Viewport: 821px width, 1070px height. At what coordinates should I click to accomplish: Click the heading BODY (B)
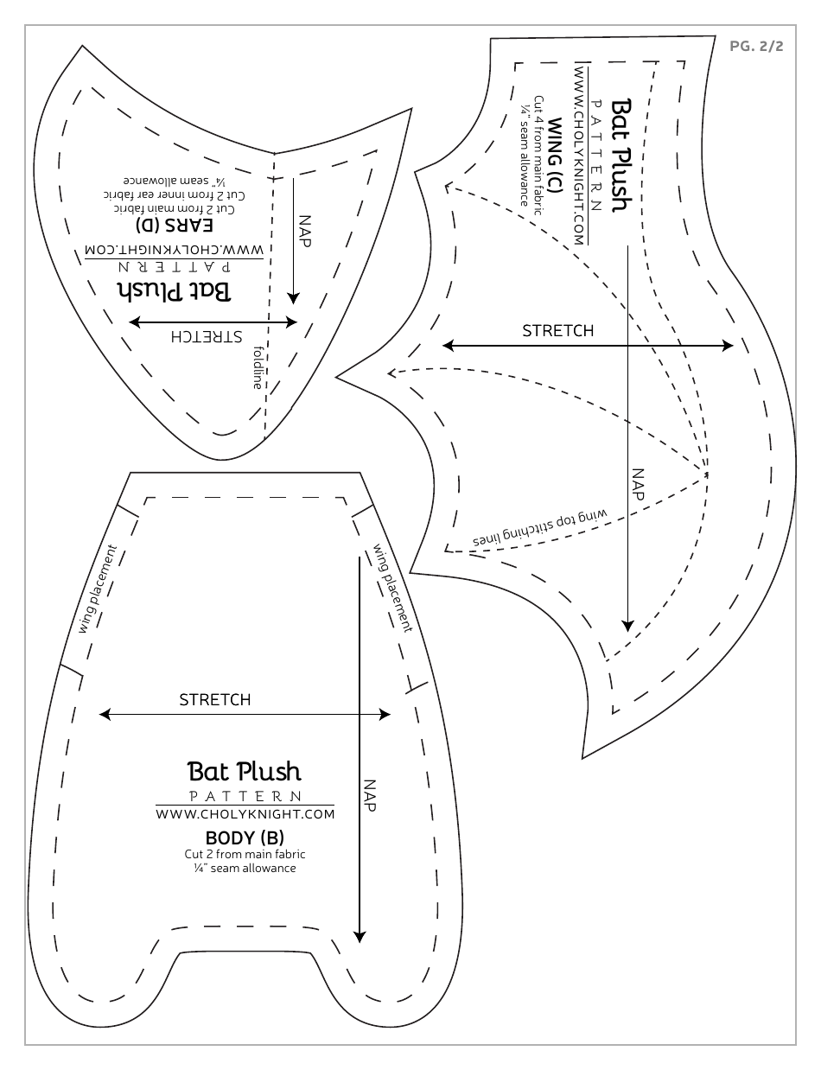(244, 838)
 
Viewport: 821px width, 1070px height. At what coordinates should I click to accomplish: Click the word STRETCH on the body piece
(214, 699)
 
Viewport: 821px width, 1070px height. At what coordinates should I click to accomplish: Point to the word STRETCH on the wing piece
(558, 331)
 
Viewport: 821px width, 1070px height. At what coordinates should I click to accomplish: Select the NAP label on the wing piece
(638, 484)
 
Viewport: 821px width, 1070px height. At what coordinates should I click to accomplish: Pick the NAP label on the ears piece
(303, 229)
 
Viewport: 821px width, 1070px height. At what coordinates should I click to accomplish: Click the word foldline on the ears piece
(257, 367)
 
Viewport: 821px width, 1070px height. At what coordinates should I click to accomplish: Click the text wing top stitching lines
(540, 529)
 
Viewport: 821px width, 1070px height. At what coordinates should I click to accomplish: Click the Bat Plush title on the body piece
(245, 771)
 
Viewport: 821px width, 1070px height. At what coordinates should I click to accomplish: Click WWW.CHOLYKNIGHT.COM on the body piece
(245, 814)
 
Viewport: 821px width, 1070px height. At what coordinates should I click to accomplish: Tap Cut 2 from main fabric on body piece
(245, 854)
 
